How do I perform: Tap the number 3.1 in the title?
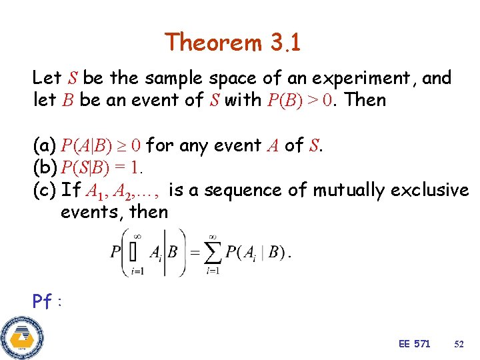pyautogui.click(x=285, y=43)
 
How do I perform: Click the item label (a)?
pyautogui.click(x=44, y=145)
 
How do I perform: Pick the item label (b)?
pyautogui.click(x=45, y=167)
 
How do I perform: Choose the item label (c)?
pyautogui.click(x=44, y=190)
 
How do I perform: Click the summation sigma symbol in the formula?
pyautogui.click(x=213, y=251)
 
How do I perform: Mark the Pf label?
pyautogui.click(x=43, y=301)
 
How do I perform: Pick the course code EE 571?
pyautogui.click(x=414, y=343)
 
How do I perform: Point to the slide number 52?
pyautogui.click(x=459, y=344)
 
